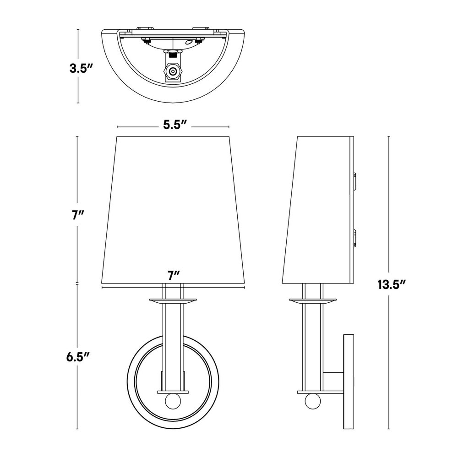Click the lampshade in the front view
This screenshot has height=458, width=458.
click(x=173, y=206)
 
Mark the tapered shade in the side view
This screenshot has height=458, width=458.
click(x=318, y=206)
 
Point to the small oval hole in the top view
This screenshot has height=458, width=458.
click(x=188, y=41)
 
